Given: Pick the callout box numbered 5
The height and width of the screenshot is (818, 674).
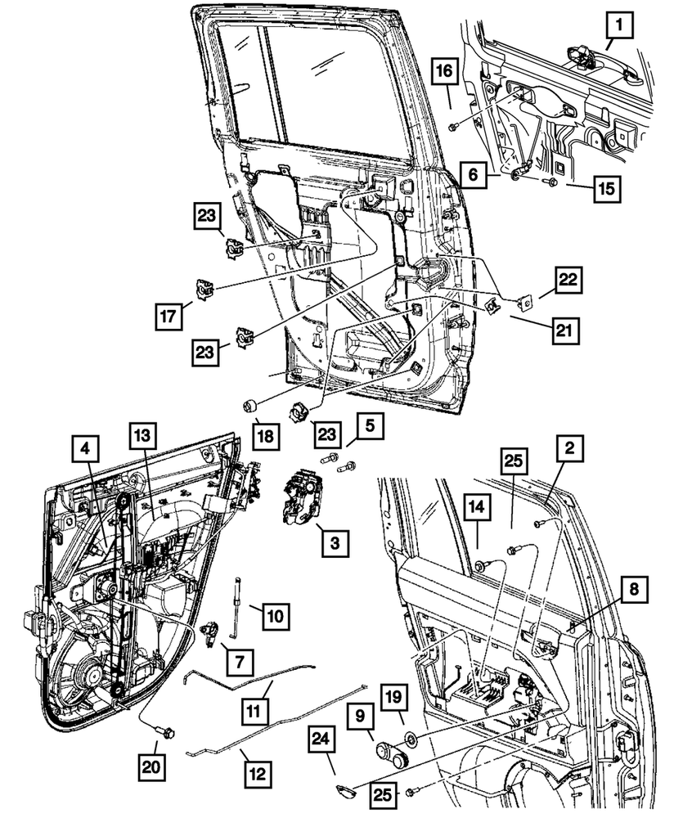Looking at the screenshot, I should coord(369,426).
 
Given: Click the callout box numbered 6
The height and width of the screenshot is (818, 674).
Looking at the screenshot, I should coord(472,173).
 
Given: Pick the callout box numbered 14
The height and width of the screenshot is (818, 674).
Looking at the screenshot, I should coord(479,507).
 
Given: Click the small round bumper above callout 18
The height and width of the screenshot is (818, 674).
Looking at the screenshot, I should coord(252,405).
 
